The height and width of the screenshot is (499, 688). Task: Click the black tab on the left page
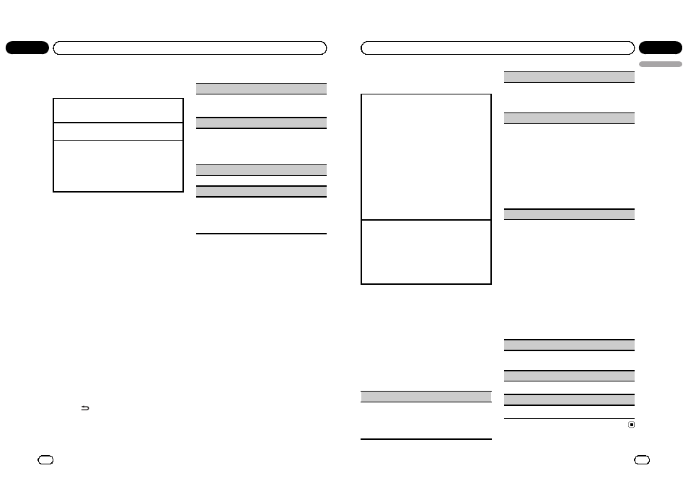27,48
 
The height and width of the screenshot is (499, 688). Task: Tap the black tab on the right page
660,48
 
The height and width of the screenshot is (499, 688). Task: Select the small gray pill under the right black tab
660,64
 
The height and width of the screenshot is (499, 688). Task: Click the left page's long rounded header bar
190,48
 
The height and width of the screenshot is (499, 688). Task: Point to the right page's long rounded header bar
498,48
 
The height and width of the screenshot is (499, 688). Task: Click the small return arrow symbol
84,409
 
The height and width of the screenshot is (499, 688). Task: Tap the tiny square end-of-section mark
631,425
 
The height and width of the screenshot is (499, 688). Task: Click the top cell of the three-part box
118,110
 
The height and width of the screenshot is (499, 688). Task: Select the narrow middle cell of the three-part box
118,131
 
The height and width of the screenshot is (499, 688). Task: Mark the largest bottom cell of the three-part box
118,165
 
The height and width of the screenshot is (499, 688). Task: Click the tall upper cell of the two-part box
425,156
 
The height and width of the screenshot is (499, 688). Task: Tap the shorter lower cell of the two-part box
425,252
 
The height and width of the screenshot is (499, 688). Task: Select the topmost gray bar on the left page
261,88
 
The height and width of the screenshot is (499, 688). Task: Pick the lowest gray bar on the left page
261,192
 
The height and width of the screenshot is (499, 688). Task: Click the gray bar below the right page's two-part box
425,397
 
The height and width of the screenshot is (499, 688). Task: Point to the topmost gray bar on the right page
568,76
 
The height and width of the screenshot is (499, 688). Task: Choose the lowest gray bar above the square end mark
568,399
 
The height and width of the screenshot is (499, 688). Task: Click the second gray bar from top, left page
261,123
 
